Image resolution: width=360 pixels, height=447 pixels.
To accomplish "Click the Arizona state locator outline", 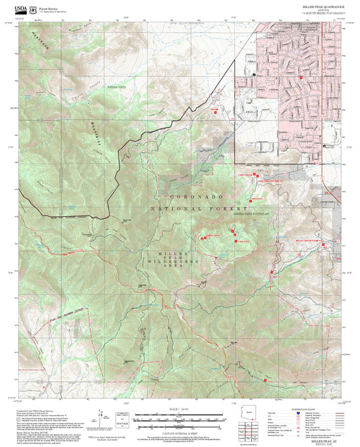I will coord(251,413).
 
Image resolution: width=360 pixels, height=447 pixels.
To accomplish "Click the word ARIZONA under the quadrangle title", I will coord(323,9).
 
